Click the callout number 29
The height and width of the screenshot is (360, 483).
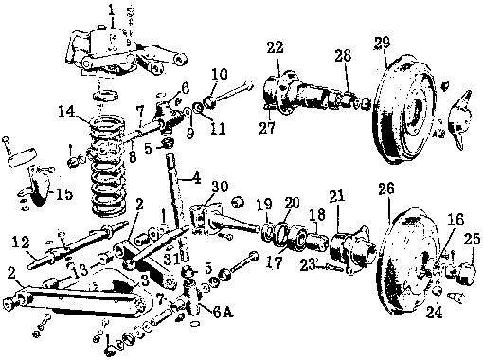coord(382,44)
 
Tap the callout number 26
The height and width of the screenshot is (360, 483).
coord(386,189)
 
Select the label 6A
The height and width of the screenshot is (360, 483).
coord(223,313)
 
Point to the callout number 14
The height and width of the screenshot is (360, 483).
coord(67,112)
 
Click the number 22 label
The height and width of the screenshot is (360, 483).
coord(275,47)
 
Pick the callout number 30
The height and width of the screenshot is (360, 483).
coord(220,187)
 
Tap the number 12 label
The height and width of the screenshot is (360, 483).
coord(21,243)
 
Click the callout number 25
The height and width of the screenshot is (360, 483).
coord(472,240)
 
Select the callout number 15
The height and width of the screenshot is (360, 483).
coord(64,194)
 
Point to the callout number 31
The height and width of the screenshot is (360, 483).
coord(171,260)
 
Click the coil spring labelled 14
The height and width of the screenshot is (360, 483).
coord(108,167)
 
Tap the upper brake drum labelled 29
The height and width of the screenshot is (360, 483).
coord(403,109)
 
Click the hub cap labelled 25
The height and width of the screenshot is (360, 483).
coord(461,273)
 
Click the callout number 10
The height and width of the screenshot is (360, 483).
coord(220,75)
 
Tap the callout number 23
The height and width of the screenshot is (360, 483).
coord(307,264)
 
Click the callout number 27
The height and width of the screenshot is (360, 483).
coord(267,128)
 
